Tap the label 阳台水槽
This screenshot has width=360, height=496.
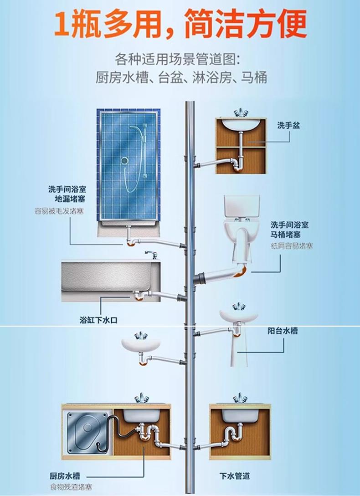(x=283, y=332)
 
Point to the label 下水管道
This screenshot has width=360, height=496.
(x=235, y=476)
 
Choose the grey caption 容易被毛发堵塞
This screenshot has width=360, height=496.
(x=59, y=211)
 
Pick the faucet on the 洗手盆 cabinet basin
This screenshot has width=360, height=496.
(x=240, y=113)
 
